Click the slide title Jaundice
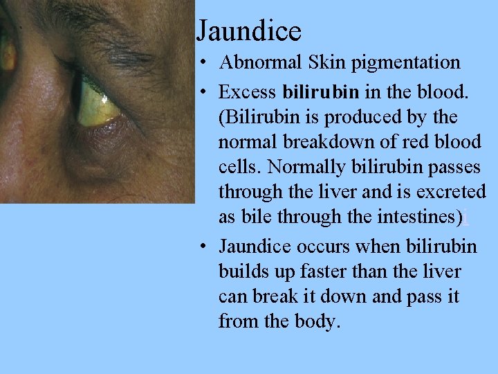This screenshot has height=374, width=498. click(249, 31)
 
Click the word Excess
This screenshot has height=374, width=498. click(248, 91)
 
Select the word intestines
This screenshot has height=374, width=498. click(418, 217)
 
